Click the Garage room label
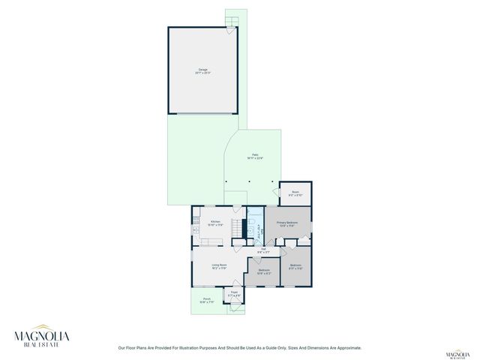pyautogui.click(x=202, y=71)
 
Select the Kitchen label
pyautogui.click(x=215, y=223)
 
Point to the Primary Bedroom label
pyautogui.click(x=287, y=223)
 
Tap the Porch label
pyautogui.click(x=206, y=300)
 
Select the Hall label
pyautogui.click(x=263, y=250)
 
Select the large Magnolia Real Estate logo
pyautogui.click(x=43, y=337)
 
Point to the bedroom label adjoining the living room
pyautogui.click(x=263, y=271)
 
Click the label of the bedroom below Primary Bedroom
pyautogui.click(x=295, y=266)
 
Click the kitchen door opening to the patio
pyautogui.click(x=235, y=206)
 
